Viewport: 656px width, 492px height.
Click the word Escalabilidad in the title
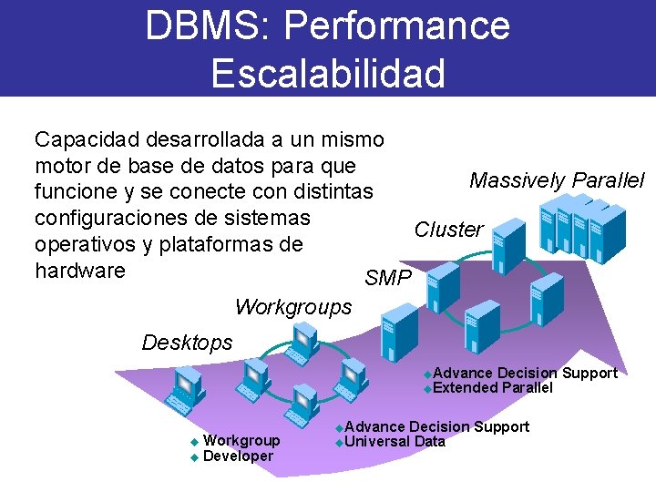(x=328, y=73)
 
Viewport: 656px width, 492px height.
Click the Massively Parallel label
(x=557, y=180)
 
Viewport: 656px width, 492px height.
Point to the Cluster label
(x=448, y=230)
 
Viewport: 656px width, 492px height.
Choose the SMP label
(x=387, y=278)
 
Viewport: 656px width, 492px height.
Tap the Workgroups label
(x=292, y=307)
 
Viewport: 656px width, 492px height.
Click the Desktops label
(x=187, y=343)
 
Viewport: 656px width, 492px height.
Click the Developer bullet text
(x=238, y=456)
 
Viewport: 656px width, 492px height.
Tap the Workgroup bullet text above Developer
(x=241, y=441)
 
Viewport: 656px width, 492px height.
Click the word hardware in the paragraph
(x=79, y=271)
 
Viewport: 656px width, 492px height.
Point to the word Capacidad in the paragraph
(x=87, y=139)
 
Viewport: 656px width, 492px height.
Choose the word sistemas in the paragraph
(x=269, y=219)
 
